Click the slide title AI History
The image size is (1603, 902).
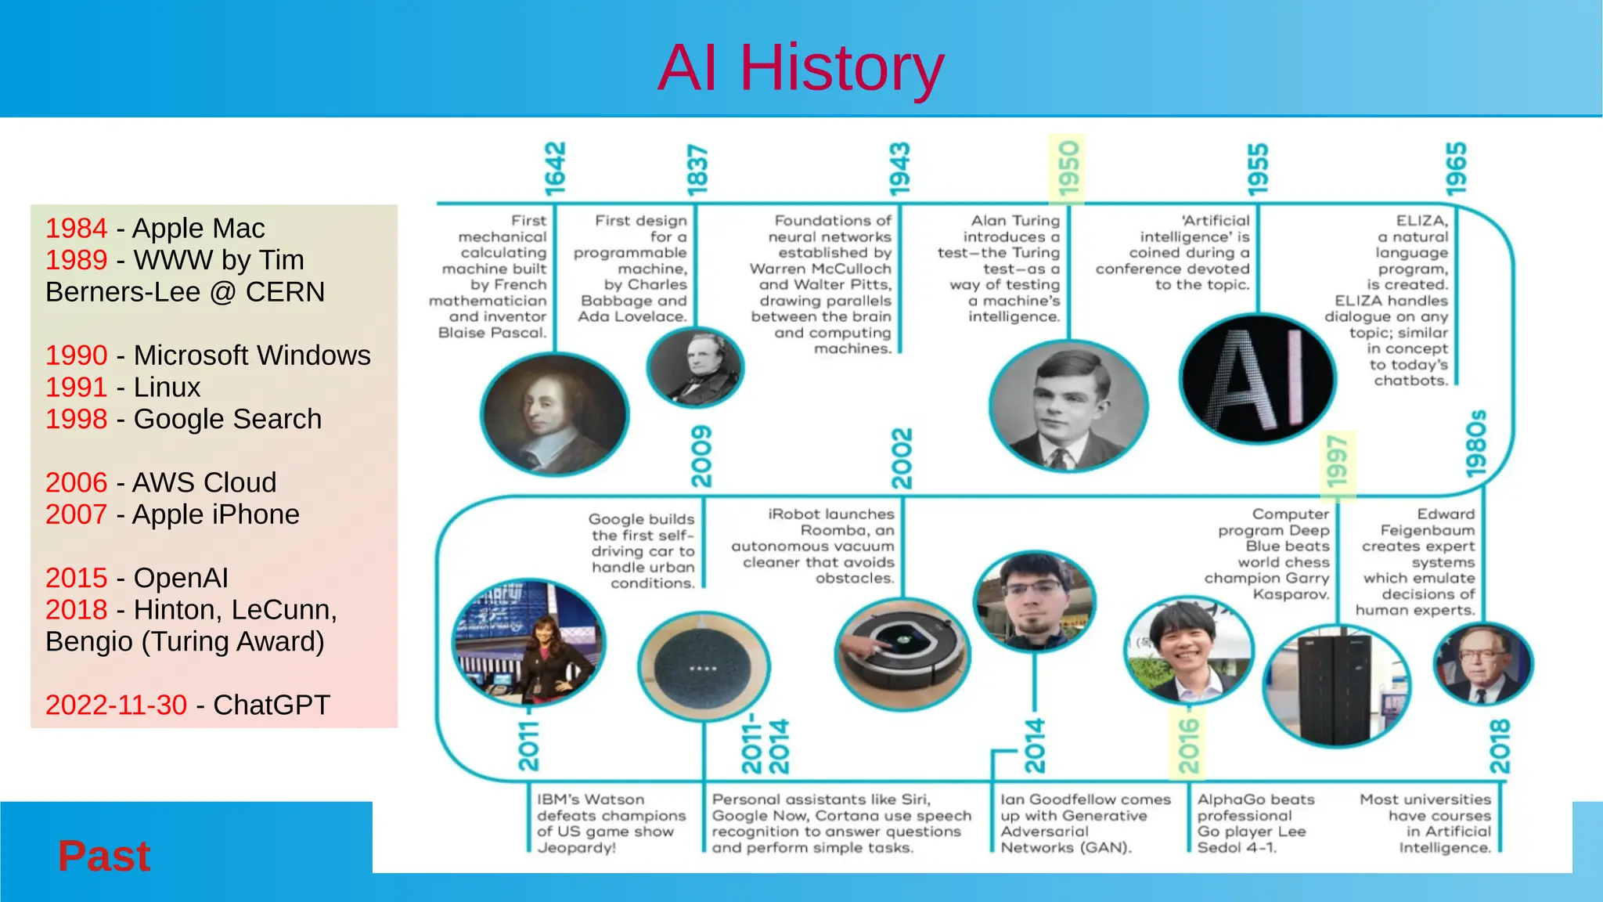[x=801, y=68]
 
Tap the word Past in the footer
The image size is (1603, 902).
[x=104, y=856]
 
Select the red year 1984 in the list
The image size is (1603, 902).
[x=76, y=229]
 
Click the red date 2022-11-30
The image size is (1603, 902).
[x=116, y=705]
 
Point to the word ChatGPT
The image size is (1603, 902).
[x=272, y=705]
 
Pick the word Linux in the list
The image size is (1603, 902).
[x=167, y=387]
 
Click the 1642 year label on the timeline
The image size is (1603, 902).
[x=554, y=168]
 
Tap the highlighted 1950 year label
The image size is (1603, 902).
[x=1068, y=168]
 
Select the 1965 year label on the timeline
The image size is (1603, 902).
[x=1456, y=168]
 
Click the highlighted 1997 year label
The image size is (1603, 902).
[x=1338, y=462]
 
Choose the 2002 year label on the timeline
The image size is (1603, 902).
[x=902, y=458]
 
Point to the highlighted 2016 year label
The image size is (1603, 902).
[x=1188, y=746]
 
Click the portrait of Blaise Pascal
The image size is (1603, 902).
[x=554, y=413]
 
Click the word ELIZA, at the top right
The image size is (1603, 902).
[x=1421, y=221]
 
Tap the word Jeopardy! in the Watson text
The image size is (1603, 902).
[x=576, y=848]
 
